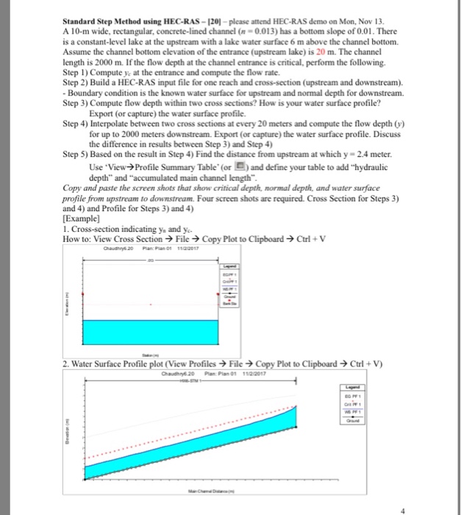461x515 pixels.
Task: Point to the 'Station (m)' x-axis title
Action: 151,353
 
